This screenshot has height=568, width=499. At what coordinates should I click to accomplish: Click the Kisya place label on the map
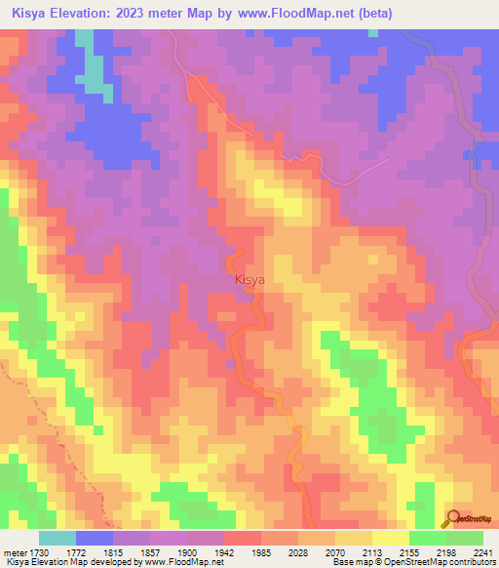(249, 280)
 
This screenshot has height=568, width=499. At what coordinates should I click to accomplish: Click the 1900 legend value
(188, 552)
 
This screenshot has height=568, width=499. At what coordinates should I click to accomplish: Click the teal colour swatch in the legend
(58, 538)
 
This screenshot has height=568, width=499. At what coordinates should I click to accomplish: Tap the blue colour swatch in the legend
(95, 538)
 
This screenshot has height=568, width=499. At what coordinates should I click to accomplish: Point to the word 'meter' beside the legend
(14, 552)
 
